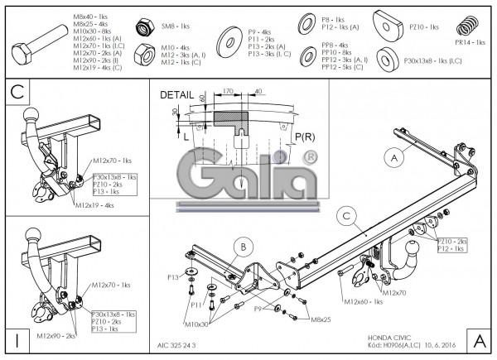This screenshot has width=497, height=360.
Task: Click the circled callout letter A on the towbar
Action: tap(394, 156)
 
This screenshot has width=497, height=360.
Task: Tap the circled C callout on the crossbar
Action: tap(348, 217)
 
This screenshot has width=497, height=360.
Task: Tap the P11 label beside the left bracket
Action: tap(195, 305)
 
